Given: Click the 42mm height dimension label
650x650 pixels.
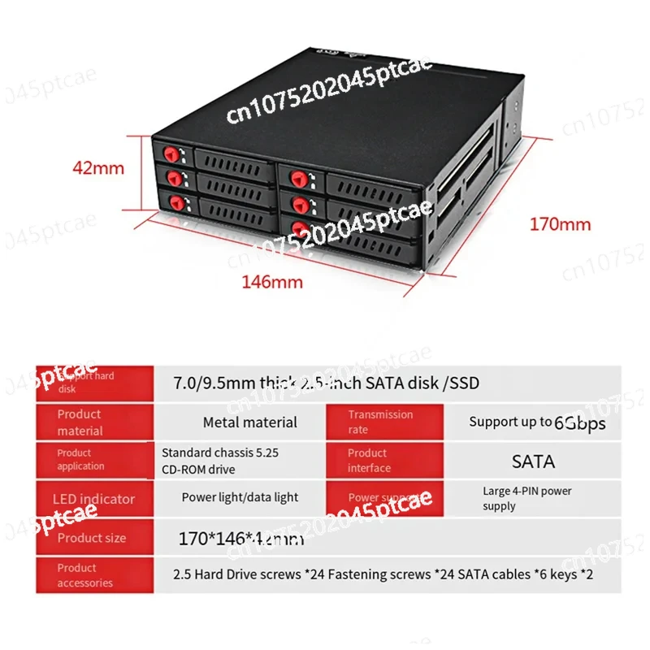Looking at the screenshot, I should [98, 168].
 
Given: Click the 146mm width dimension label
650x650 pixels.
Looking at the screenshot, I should [271, 282].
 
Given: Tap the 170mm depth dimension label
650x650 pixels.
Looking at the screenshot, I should [560, 223].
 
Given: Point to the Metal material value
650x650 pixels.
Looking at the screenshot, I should [249, 422].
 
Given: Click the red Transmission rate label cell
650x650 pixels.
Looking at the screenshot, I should [384, 422].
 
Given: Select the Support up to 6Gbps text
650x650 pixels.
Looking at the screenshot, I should [537, 422].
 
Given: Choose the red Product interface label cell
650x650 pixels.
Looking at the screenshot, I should [384, 460].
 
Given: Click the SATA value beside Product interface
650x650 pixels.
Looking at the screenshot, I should [533, 461].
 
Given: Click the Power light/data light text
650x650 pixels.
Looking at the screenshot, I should [240, 497].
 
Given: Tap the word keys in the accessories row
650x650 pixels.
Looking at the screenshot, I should [560, 574].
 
